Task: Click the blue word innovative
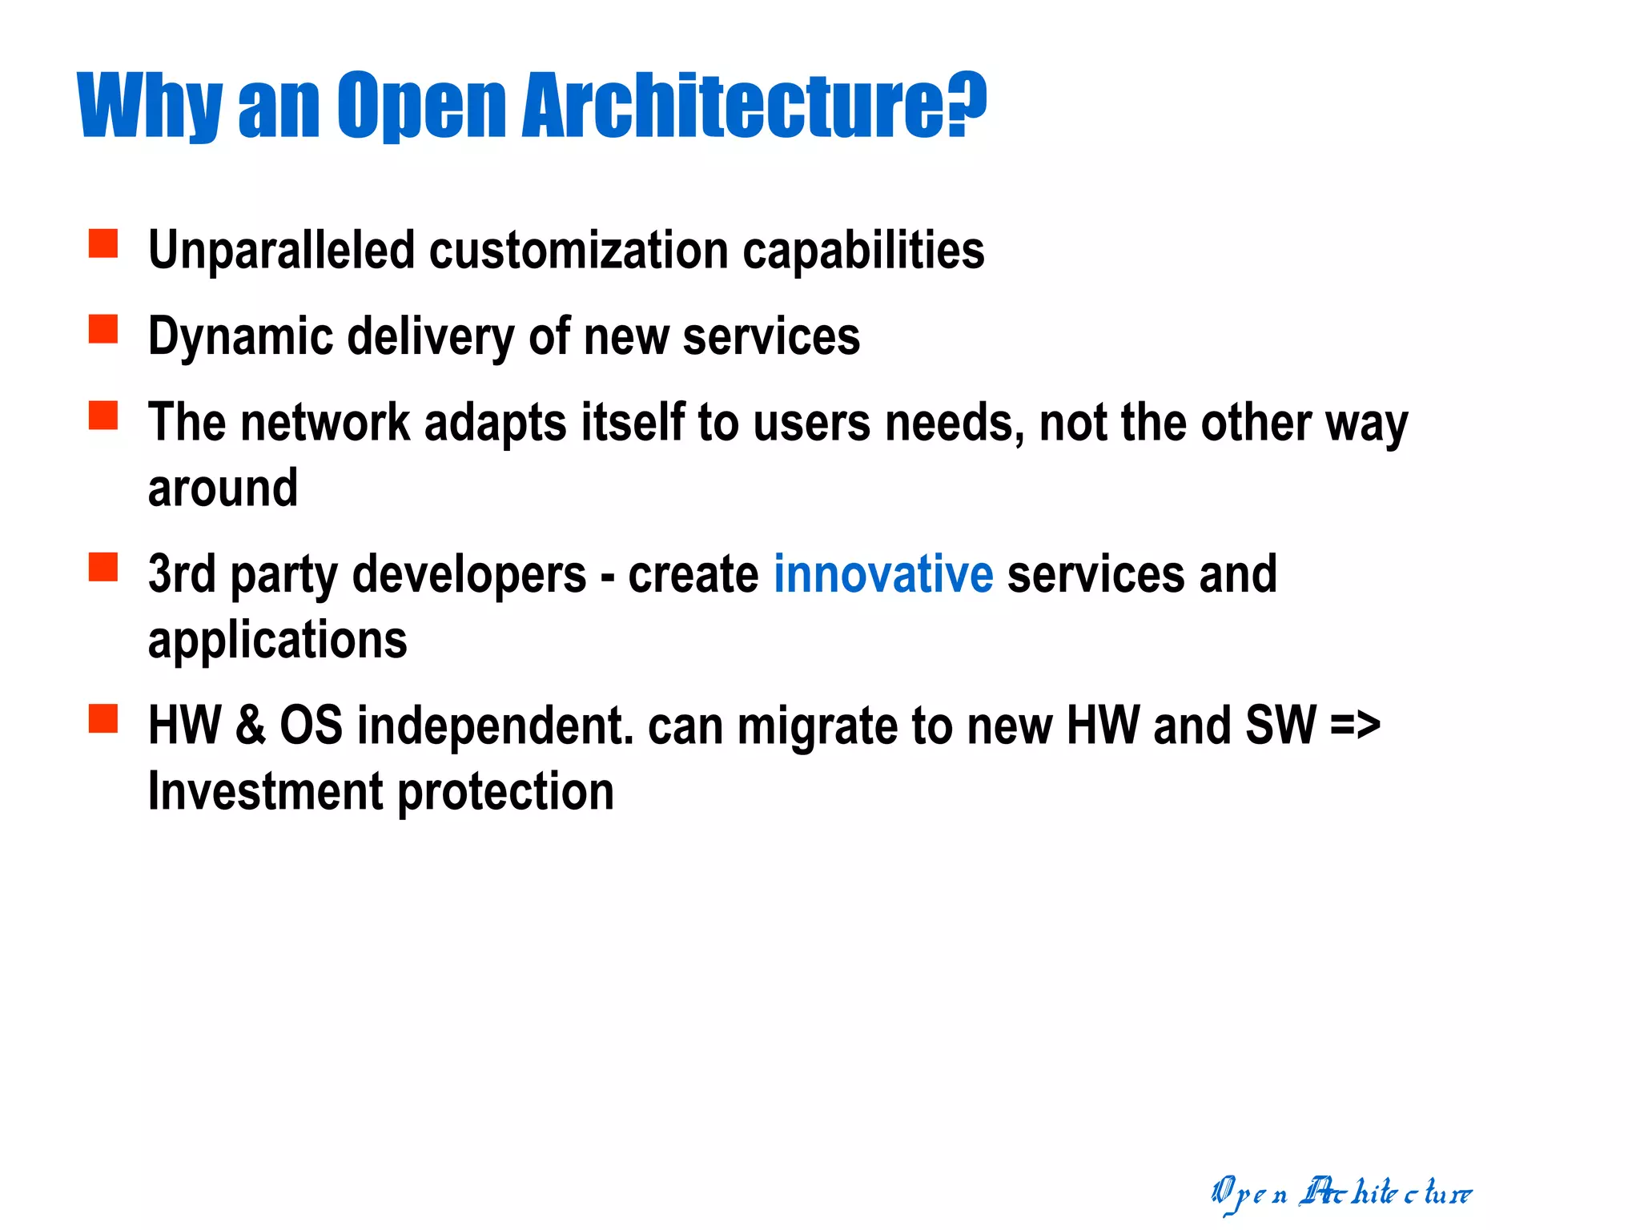coord(882,574)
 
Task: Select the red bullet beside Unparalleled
coord(103,243)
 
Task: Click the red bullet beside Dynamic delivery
coord(103,329)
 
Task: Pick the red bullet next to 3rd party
coord(103,567)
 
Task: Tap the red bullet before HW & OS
coord(103,718)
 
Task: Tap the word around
coord(223,488)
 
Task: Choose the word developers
coord(469,576)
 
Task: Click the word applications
coord(277,641)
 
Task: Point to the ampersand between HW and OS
coord(250,726)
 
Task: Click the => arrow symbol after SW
coord(1355,726)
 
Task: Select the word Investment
coord(266,791)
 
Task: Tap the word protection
coord(505,793)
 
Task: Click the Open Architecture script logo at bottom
coord(1341,1193)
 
